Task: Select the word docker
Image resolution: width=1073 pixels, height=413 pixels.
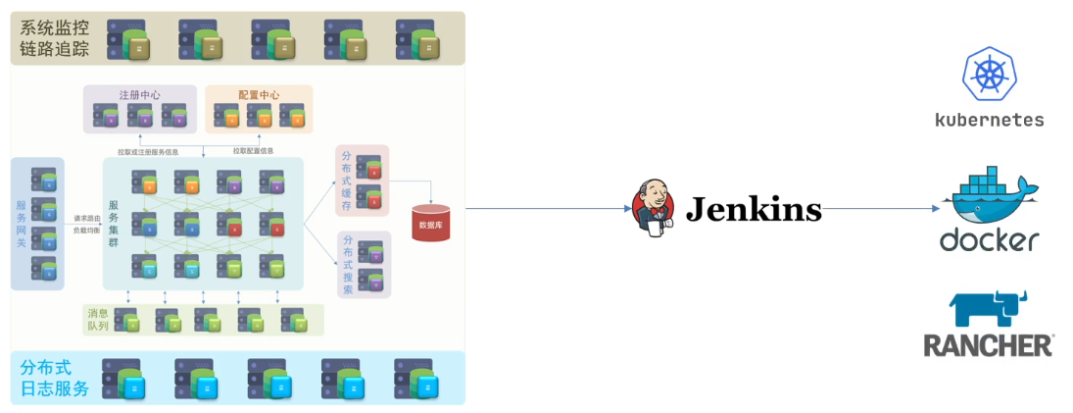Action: [x=989, y=240]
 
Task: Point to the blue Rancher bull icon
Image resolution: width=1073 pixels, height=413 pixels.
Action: [x=988, y=307]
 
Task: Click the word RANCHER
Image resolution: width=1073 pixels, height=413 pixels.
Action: [x=988, y=345]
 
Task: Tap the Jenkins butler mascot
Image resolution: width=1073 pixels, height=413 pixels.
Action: [x=655, y=208]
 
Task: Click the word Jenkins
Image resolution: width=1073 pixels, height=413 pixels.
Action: [x=753, y=209]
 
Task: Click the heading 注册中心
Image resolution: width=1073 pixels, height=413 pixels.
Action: [x=140, y=95]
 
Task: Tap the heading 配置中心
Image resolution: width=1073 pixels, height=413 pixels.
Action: [x=259, y=95]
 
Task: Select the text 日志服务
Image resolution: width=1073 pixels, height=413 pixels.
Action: [x=55, y=388]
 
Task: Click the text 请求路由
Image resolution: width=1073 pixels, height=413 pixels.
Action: [x=86, y=218]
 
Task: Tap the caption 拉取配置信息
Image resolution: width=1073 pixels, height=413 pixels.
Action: [x=253, y=151]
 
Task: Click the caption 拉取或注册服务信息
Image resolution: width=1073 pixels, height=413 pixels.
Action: [x=148, y=152]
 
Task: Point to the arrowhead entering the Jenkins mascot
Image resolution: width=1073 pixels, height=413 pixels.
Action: [x=626, y=209]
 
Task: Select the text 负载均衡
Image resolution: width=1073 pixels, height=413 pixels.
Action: [x=86, y=230]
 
